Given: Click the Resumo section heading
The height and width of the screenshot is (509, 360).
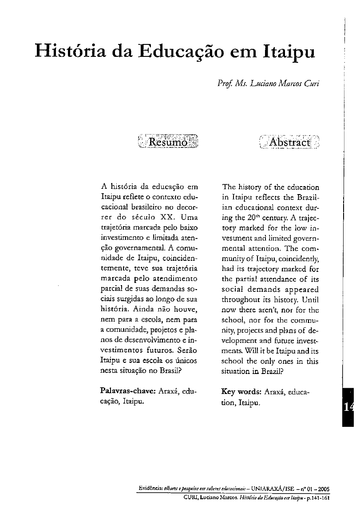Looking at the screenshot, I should [168, 142].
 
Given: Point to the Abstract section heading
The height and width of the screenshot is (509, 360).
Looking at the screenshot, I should [289, 142].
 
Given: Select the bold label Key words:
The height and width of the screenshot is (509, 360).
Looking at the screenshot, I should [241, 392].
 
